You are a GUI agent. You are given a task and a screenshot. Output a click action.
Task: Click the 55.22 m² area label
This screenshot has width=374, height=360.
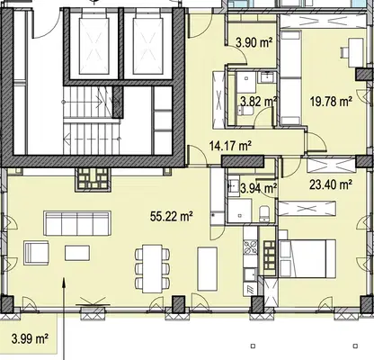[172, 216]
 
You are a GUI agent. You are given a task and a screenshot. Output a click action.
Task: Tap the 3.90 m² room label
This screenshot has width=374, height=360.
[254, 42]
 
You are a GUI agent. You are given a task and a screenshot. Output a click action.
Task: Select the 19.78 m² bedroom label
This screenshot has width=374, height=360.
[331, 102]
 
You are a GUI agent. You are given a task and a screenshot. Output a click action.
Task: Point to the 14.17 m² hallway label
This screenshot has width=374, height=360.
[230, 146]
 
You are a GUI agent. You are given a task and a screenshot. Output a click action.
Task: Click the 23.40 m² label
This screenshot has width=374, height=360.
[331, 184]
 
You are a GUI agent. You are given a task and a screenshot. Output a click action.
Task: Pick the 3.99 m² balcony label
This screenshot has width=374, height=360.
[31, 338]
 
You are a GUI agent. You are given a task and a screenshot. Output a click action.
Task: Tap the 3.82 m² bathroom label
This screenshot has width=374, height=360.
[258, 102]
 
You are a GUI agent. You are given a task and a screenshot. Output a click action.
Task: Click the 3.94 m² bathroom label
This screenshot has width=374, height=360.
[258, 188]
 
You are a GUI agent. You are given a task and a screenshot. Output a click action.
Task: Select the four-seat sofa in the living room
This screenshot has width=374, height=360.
[77, 223]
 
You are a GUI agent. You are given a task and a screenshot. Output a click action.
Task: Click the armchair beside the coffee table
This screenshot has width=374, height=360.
[37, 253]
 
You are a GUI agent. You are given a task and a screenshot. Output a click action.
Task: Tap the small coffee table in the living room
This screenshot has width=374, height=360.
[77, 253]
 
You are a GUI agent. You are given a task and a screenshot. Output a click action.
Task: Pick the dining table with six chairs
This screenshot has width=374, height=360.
[152, 269]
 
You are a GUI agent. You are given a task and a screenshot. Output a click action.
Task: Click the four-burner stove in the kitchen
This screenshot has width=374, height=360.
[250, 247]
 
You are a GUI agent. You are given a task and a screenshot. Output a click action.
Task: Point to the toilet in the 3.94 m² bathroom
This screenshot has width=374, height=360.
[264, 213]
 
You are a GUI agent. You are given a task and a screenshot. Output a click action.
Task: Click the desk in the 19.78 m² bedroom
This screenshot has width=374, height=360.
[356, 52]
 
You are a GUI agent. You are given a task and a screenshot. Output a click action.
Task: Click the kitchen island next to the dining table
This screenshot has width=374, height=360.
[208, 269]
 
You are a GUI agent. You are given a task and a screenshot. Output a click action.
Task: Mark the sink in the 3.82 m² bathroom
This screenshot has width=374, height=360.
[265, 78]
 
